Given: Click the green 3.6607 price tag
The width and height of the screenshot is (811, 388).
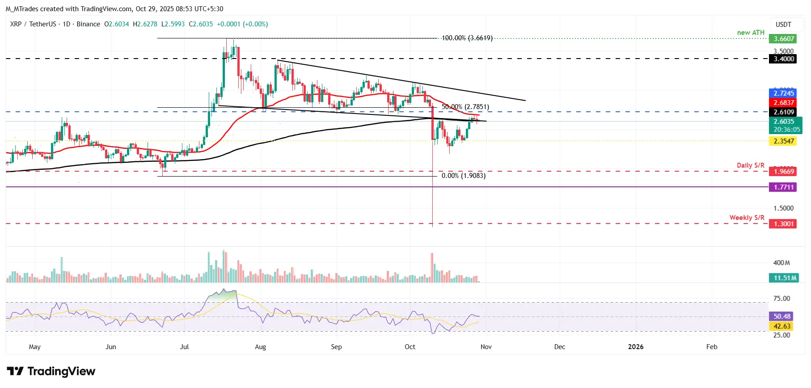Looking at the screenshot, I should pos(784,39).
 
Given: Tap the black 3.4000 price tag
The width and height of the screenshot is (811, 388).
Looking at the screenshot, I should pos(784,59).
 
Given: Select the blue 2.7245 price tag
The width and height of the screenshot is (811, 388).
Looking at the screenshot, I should pos(784,93).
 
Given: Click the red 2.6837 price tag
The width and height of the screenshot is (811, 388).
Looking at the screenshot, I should pos(784,103).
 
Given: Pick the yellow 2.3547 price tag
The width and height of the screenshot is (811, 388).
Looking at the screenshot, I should pos(784,141).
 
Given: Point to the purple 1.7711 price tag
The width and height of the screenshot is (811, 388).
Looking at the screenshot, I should pos(784,187).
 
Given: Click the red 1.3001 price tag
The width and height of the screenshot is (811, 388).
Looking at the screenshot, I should pos(784,224).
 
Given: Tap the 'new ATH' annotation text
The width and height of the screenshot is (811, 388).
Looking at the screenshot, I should pos(751,33).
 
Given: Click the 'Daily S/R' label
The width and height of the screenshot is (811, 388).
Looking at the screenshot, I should pos(751,165).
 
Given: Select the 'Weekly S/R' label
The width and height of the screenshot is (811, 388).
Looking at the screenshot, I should pos(747,218).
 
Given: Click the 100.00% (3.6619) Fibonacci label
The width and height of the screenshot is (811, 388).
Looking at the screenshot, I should pos(467,38).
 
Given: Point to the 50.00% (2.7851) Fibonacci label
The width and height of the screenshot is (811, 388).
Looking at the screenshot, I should pos(465,107).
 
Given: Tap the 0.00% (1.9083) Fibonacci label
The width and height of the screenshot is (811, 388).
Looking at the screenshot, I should pos(463,176).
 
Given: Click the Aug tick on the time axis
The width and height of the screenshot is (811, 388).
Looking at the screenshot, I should pos(260,347).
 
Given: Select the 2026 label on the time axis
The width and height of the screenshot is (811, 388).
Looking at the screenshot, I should pos(636,347).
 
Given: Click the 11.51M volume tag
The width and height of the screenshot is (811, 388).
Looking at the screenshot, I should pos(785,278).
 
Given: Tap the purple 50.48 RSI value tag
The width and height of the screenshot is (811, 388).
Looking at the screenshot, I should pos(782,316).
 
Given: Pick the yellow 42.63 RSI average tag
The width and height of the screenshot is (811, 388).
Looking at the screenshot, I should pos(782,326).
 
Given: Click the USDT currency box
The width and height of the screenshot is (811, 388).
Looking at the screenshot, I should pos(783,25).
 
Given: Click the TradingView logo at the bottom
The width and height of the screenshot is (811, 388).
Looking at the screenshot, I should pos(51,371).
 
